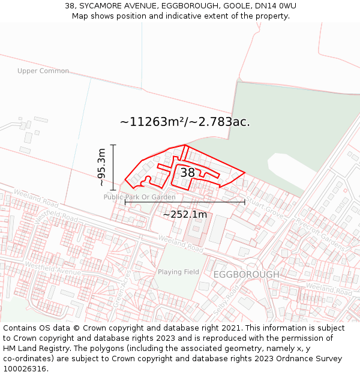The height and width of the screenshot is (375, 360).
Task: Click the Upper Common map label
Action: [43, 71]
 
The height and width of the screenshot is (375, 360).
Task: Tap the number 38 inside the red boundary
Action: [188, 173]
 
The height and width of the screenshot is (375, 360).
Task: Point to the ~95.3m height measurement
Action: [101, 167]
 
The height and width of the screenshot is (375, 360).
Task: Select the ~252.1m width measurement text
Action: [185, 214]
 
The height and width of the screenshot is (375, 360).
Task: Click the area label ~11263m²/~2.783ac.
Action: [185, 122]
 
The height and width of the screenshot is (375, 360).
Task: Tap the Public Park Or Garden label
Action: [139, 197]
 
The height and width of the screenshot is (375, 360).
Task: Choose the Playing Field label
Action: [178, 272]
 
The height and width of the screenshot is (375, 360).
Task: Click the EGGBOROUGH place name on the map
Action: [246, 274]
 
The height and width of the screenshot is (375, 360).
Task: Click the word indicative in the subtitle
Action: [170, 16]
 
